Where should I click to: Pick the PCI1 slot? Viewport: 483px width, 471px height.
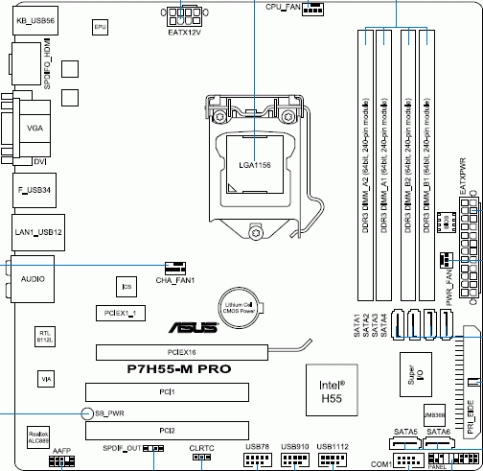pos(167,392)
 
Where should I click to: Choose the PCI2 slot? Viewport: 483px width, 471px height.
pos(167,432)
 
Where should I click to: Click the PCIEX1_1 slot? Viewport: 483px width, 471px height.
pos(122,313)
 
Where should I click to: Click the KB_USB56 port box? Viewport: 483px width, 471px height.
pos(35,19)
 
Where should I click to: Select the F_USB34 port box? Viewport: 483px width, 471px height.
pos(35,189)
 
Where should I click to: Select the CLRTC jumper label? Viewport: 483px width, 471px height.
pos(201,448)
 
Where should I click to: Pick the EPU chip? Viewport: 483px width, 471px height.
pos(98,29)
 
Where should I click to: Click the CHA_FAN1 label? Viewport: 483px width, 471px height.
pos(174,280)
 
